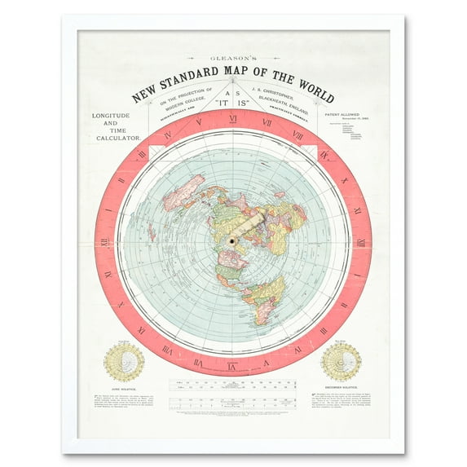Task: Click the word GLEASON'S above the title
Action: pos(233,59)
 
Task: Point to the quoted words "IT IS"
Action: pos(233,104)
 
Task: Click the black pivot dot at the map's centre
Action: pos(232,240)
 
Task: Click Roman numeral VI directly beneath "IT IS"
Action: pos(233,120)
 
